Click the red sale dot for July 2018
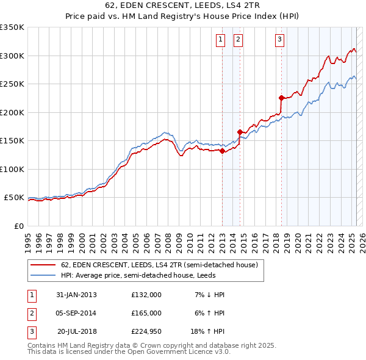click(281, 98)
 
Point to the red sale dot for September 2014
click(240, 132)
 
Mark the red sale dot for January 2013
click(222, 151)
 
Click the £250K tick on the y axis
click(12, 84)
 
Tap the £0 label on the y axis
click(18, 226)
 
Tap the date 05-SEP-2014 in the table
click(76, 313)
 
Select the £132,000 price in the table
click(146, 295)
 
